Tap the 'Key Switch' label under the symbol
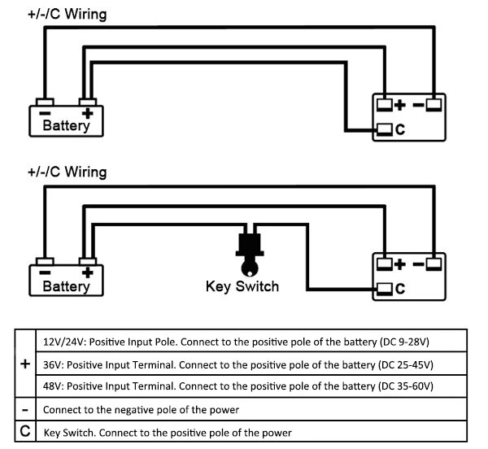coord(243,286)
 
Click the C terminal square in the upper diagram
coord(385,129)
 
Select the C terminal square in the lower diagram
coord(385,288)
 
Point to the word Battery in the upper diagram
coord(66,127)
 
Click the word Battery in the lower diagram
coord(66,286)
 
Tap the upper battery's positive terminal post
coord(87,104)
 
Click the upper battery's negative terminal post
coord(45,104)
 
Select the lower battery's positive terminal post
coord(87,264)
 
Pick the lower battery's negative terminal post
coord(45,264)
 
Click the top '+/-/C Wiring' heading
coord(66,14)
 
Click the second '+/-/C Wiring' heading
coord(66,172)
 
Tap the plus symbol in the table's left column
coord(24,365)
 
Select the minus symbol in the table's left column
coord(24,409)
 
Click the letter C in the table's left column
coord(24,432)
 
